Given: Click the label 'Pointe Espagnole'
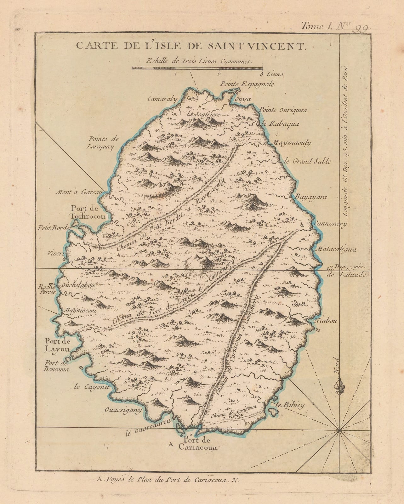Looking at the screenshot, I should [247, 84].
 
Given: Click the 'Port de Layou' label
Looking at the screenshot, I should [57, 345].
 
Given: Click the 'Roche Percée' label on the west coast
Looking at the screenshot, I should [47, 289].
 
